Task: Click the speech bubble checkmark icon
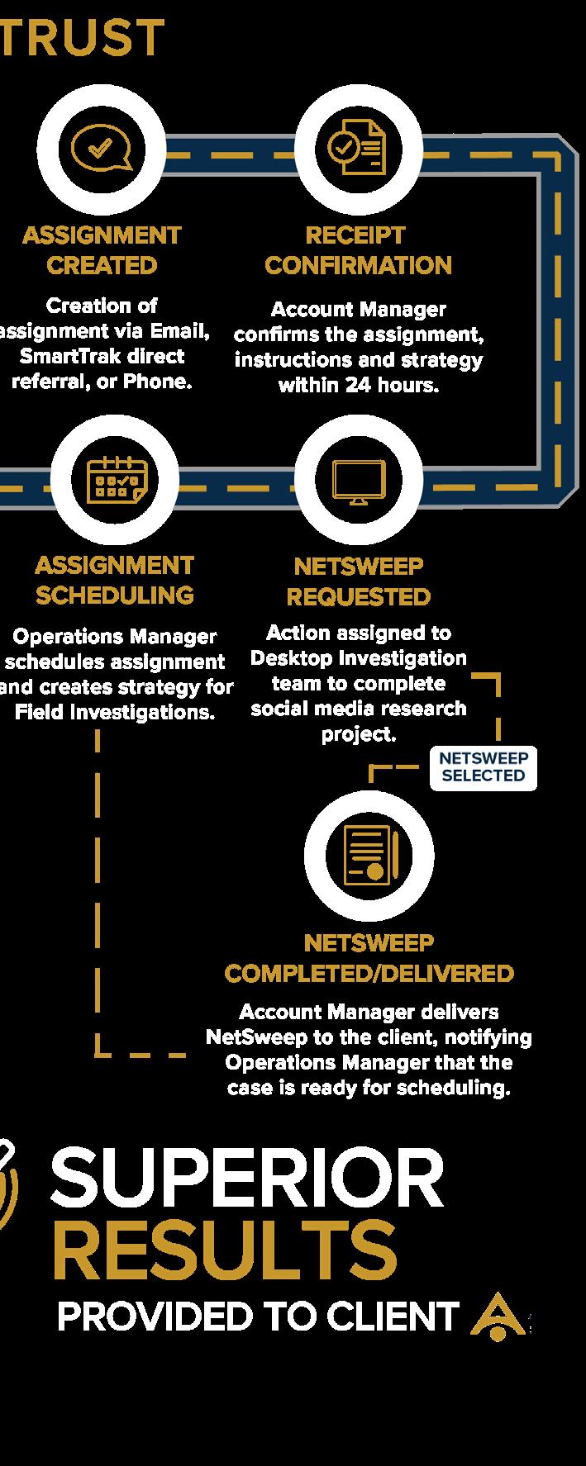102,149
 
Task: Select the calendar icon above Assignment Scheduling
116,479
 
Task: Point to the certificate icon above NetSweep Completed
369,855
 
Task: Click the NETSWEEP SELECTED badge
484,768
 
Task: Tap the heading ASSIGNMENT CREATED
102,250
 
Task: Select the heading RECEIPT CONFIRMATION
358,250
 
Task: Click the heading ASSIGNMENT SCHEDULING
115,581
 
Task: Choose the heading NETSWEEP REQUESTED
359,581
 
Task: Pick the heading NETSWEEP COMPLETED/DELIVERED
369,958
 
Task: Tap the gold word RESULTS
225,1250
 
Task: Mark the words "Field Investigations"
114,712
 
